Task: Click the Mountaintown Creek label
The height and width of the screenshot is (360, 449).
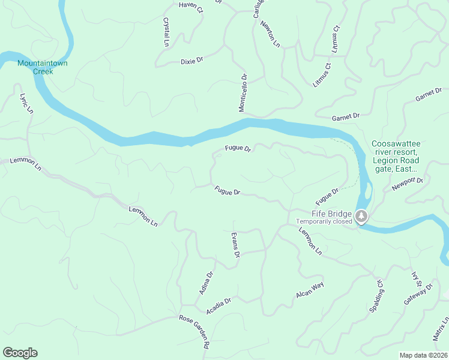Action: point(35,67)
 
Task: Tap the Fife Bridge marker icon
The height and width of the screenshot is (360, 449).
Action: point(361,216)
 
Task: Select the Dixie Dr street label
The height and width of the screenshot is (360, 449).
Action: point(192,61)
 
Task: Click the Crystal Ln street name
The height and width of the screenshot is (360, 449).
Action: point(166,32)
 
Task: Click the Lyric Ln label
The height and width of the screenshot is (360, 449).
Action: point(26,103)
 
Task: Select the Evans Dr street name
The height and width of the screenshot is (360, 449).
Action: point(235,245)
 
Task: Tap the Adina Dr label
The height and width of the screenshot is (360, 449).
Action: point(206,283)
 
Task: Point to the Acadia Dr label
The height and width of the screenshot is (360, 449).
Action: point(218,306)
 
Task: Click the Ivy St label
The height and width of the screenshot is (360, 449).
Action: point(414,280)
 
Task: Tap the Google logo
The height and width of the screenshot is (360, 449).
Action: point(20,353)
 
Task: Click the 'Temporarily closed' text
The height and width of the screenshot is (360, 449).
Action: point(324,221)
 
